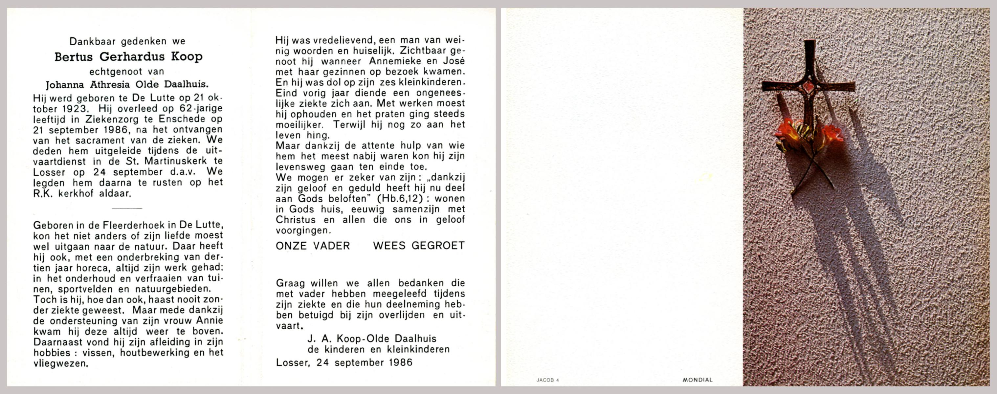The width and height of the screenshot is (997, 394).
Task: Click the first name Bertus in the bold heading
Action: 74,57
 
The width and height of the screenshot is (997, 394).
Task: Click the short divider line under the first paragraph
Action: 127,208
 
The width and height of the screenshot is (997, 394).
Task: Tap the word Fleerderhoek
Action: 123,225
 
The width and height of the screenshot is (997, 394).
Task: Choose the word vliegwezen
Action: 60,363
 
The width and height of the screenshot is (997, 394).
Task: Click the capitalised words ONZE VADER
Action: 313,246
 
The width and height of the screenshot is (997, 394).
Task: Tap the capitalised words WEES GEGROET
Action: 419,246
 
